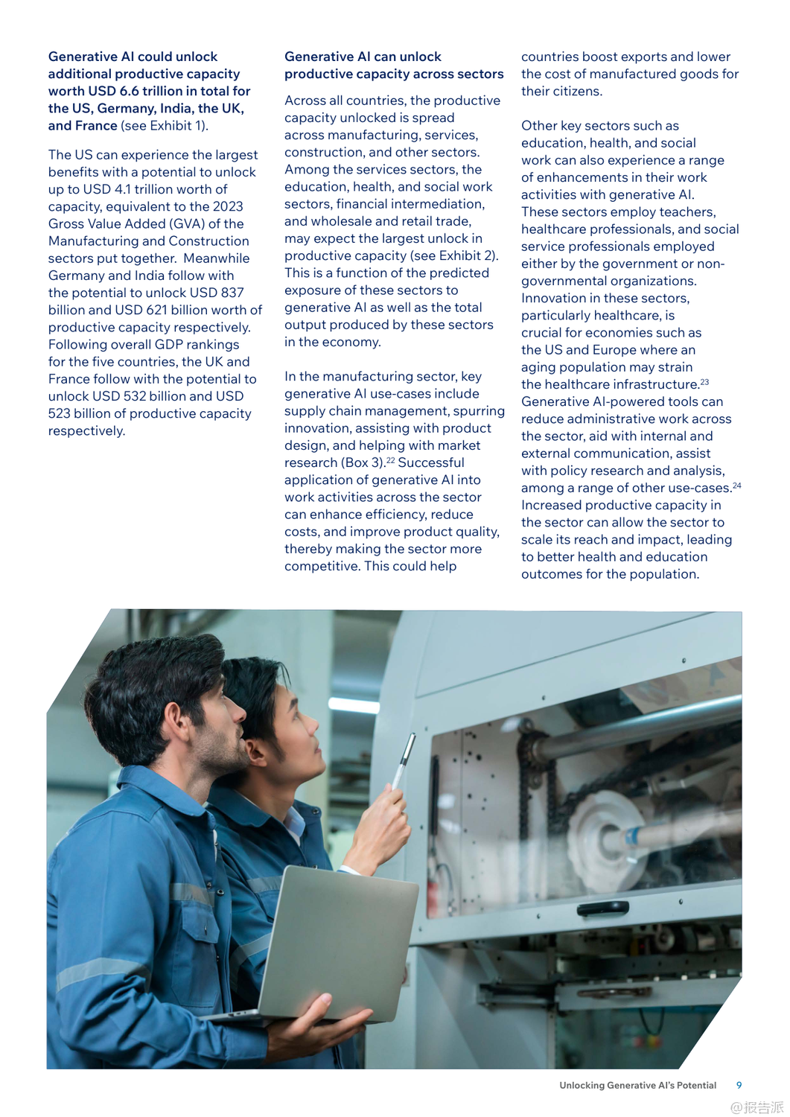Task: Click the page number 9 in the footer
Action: coord(739,1085)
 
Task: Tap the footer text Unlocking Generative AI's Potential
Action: coord(637,1085)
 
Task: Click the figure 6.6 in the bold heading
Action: coord(130,91)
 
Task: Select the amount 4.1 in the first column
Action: coord(123,189)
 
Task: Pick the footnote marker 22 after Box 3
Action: coord(391,460)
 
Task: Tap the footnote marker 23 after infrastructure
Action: coord(704,382)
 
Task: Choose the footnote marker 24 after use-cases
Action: coord(736,486)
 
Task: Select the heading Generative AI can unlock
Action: coord(363,57)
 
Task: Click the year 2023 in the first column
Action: coord(227,206)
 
